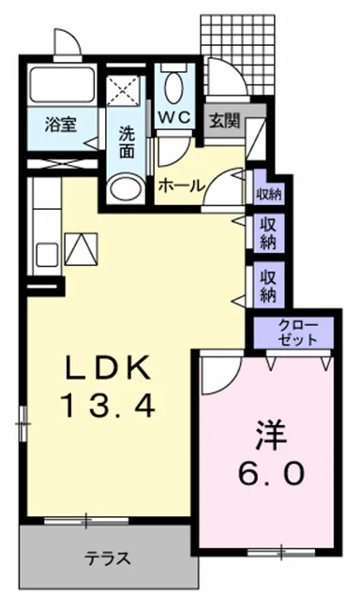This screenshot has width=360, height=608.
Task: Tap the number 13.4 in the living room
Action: [107, 405]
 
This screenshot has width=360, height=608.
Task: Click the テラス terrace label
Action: [108, 559]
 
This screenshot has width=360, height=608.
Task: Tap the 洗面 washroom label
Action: [126, 141]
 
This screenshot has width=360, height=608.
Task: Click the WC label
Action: [173, 118]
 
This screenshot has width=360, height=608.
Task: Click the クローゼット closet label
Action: [297, 333]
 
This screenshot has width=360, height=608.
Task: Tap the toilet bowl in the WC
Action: [173, 88]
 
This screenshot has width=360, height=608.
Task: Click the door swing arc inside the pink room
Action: [217, 375]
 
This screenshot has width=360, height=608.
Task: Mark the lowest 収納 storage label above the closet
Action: [269, 285]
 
